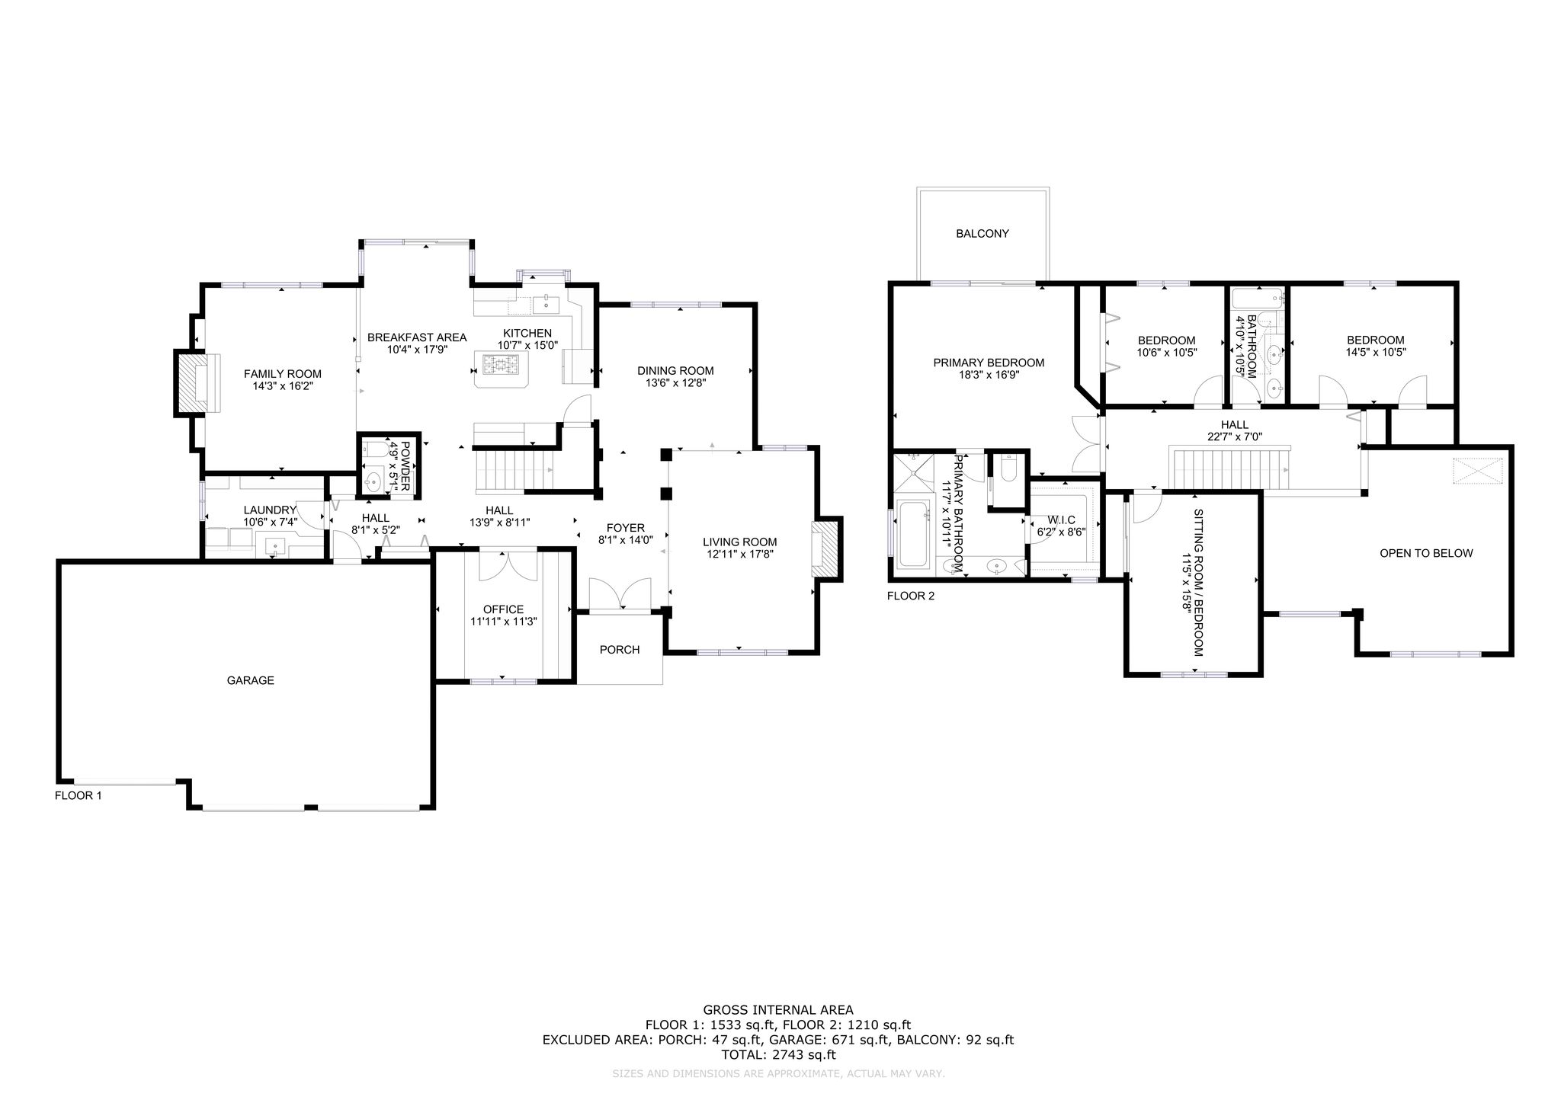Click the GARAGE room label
click(250, 680)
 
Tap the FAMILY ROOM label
click(282, 374)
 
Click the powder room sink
click(373, 481)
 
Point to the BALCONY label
click(982, 234)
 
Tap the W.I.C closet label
click(1061, 520)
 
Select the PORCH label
click(620, 650)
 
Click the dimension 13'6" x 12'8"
click(675, 383)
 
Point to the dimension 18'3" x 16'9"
click(989, 375)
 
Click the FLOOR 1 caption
click(78, 795)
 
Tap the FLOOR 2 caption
click(910, 596)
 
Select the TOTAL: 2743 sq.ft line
click(778, 1055)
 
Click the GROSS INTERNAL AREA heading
click(778, 1010)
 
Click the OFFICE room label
click(503, 609)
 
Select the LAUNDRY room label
click(269, 510)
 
